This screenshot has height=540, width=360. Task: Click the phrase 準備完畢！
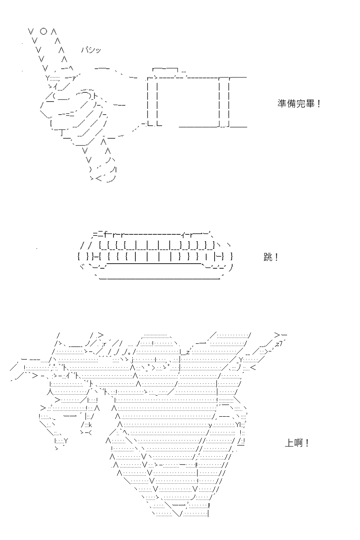coord(299,103)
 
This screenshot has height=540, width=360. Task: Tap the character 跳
coord(268,257)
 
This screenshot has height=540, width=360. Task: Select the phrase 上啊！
coord(297,443)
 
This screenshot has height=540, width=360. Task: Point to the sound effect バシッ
coord(91,50)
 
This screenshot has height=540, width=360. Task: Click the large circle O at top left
coord(43,31)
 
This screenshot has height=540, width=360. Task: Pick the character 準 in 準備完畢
coord(282,103)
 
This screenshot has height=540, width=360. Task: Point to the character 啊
coord(298,443)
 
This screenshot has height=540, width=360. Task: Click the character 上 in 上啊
coord(289,443)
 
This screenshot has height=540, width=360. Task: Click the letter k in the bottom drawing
coord(90,425)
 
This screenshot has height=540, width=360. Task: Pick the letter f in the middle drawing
coord(106,234)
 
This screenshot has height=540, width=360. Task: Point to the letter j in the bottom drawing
coord(133,360)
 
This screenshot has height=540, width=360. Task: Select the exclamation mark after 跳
coord(276,257)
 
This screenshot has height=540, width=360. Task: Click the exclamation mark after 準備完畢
coord(319,104)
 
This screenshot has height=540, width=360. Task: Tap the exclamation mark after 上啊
coord(307,443)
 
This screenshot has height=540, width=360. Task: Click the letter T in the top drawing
coord(62,132)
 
